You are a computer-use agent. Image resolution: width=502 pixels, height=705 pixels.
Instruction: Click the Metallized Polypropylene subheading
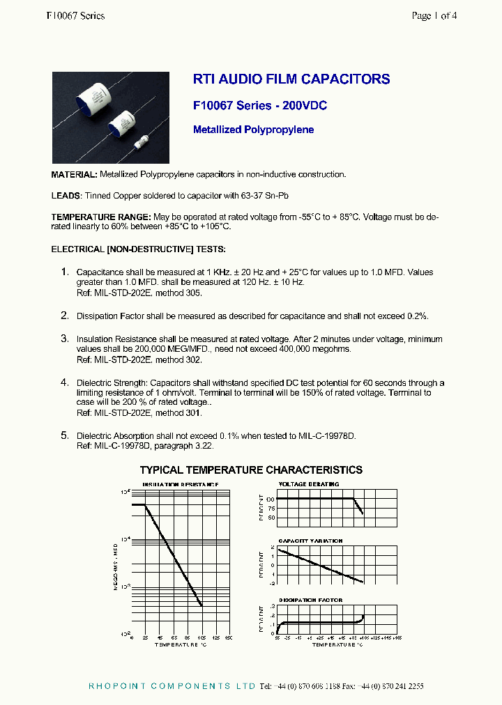tap(253, 130)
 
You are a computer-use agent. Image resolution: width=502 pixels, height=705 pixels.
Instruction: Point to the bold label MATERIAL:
tap(75, 174)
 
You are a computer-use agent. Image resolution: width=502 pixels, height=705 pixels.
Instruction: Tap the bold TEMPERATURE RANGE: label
tap(100, 217)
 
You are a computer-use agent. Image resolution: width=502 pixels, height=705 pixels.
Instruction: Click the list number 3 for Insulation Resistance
tap(64, 338)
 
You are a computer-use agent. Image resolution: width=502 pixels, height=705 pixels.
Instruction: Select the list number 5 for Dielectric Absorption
tap(64, 435)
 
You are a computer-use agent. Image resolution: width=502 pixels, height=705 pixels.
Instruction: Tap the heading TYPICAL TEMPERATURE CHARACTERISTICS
tap(251, 470)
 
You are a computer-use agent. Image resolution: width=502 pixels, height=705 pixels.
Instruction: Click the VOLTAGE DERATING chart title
tap(309, 483)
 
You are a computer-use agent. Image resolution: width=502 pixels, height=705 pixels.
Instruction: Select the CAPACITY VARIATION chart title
tap(310, 541)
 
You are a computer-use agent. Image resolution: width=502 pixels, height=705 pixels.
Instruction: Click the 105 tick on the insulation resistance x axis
tap(202, 637)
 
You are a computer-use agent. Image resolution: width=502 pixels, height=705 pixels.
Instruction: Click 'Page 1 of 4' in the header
tap(434, 15)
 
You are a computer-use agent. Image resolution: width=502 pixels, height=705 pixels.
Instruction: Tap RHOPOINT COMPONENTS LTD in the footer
tap(172, 686)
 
